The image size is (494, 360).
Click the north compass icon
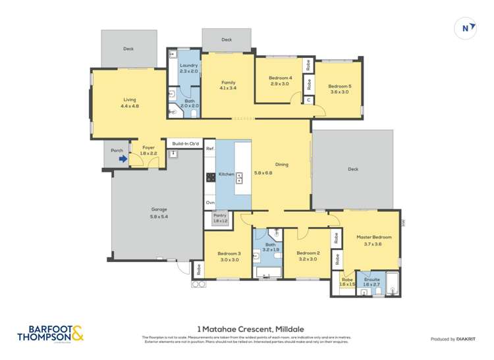[466, 28]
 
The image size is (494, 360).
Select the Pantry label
[220, 218]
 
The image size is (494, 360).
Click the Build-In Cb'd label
[185, 143]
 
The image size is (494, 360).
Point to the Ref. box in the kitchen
[210, 149]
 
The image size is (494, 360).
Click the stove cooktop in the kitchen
[211, 176]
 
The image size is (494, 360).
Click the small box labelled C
[308, 99]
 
